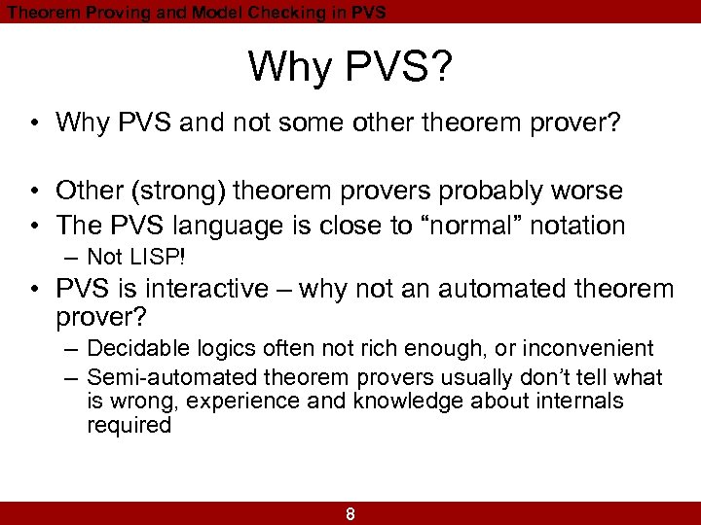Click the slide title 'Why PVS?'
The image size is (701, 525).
350,67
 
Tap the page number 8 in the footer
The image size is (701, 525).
350,514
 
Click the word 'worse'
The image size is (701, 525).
587,191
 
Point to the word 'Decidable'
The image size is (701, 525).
132,348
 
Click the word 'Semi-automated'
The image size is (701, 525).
156,377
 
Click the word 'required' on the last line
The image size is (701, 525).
129,425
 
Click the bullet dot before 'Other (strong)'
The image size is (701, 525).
34,191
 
